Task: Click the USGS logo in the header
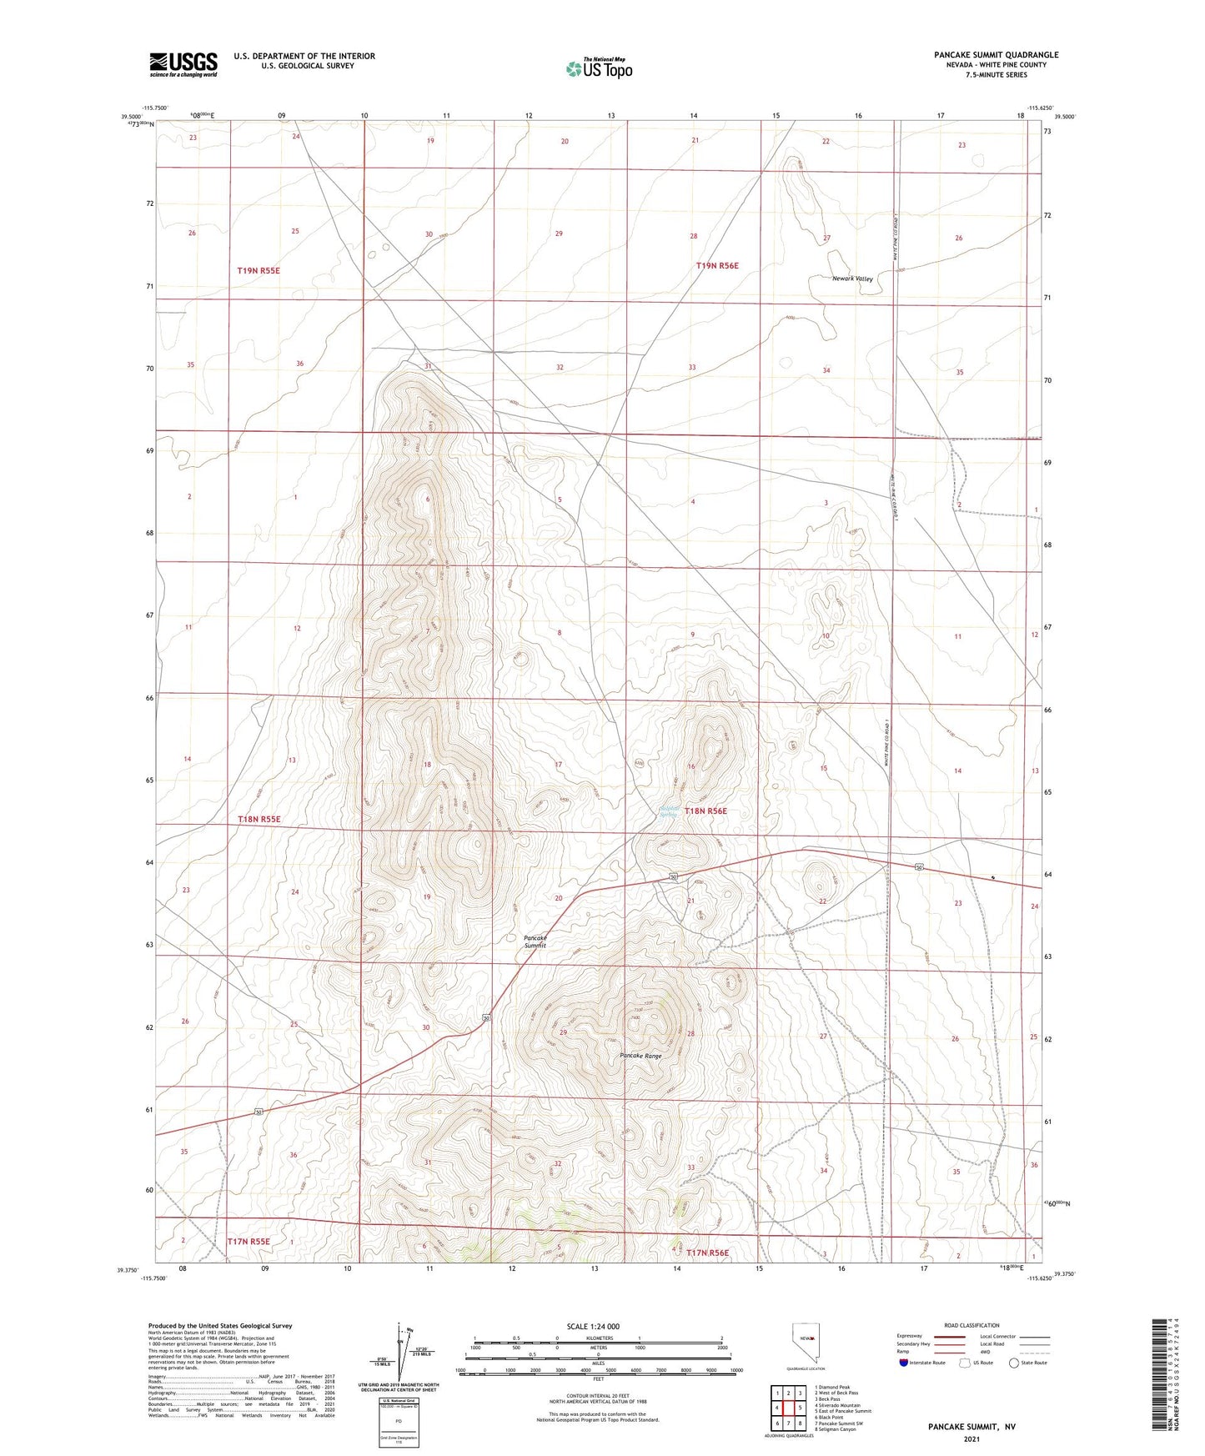click(183, 64)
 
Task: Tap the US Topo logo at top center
click(599, 68)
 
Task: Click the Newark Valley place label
click(852, 279)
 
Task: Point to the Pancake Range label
click(640, 1056)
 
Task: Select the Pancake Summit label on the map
click(535, 941)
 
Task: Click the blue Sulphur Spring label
click(668, 811)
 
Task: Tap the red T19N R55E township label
click(259, 271)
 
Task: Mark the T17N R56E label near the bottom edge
click(707, 1253)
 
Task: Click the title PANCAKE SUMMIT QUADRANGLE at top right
click(996, 55)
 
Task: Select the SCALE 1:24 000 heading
click(593, 1327)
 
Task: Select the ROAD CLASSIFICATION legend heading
click(972, 1325)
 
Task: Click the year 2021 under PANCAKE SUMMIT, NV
click(971, 1438)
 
